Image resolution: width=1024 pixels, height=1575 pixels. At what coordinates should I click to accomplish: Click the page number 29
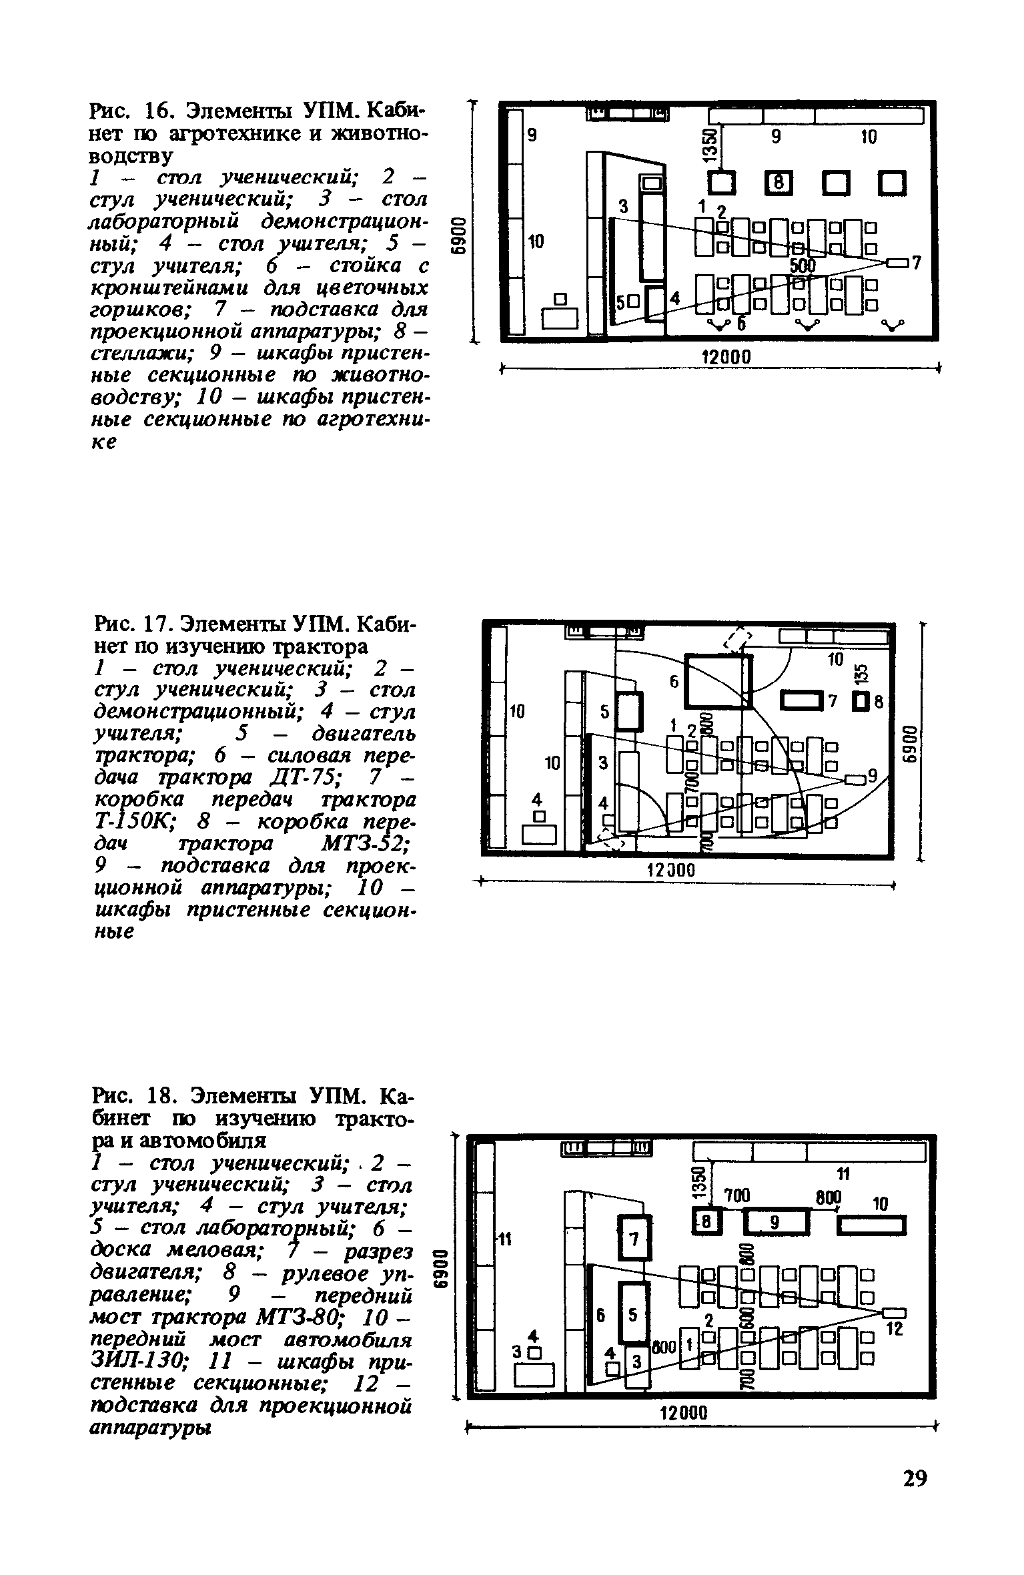pos(915,1479)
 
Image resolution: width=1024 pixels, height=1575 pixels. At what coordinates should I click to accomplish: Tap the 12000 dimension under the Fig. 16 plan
pos(727,358)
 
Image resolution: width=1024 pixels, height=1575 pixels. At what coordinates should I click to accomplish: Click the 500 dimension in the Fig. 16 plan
pos(803,266)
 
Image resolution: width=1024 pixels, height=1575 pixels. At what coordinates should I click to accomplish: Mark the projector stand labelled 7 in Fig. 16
pos(898,263)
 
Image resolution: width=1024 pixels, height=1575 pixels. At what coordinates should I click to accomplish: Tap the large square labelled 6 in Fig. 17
pos(718,681)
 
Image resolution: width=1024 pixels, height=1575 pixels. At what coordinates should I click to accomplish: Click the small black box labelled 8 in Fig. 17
pos(861,701)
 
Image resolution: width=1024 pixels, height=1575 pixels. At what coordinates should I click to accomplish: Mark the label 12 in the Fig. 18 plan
pos(893,1329)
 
